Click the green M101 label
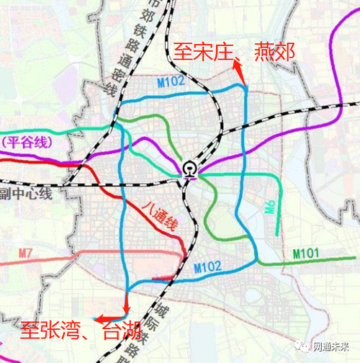(x=307, y=254)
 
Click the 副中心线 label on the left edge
(x=26, y=193)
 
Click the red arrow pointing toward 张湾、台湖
(x=108, y=318)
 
